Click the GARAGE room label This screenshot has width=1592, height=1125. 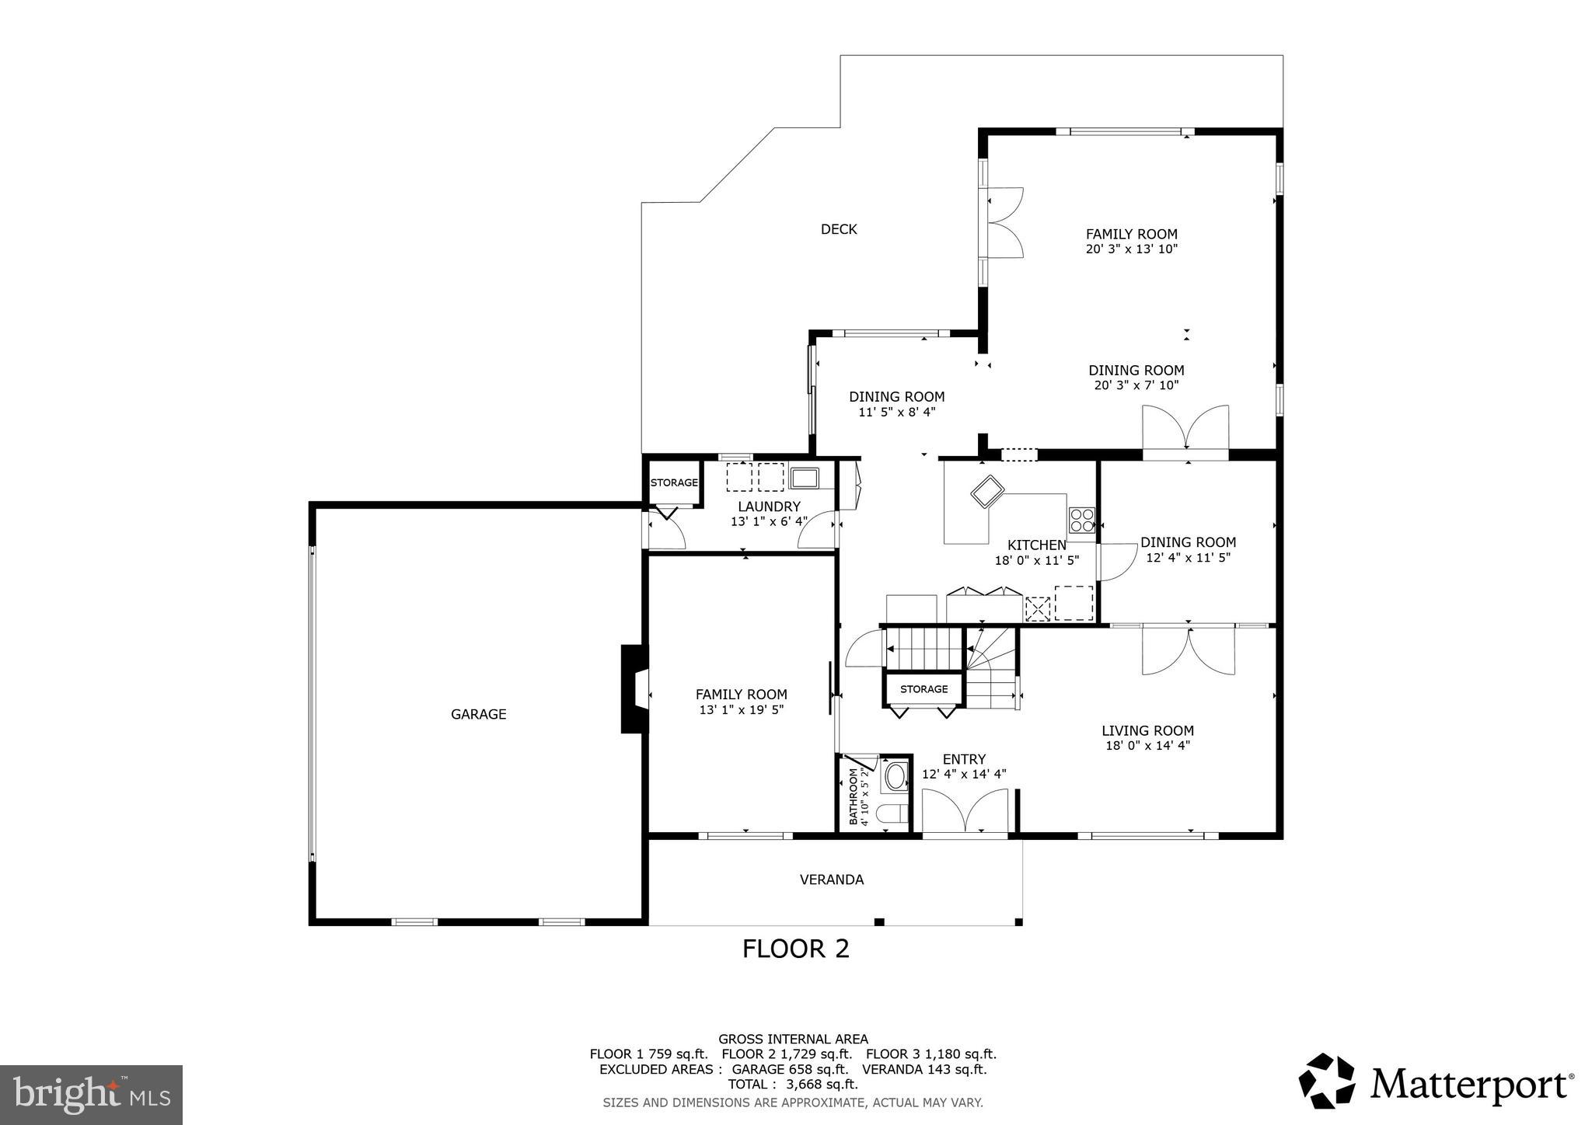[478, 714]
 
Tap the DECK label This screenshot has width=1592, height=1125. [839, 229]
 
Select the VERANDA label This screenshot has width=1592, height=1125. [831, 879]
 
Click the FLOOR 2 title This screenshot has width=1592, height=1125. [795, 949]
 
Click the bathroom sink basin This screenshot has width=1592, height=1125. [895, 776]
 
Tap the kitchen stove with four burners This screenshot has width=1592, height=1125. [1081, 519]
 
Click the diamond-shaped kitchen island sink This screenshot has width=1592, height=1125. [988, 491]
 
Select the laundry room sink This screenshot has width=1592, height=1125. [804, 476]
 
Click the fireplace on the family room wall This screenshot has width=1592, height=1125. [634, 688]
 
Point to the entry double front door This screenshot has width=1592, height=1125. [965, 812]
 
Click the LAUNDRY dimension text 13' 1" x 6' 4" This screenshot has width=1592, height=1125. [769, 521]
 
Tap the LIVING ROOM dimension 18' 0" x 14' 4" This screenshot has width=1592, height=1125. [1147, 746]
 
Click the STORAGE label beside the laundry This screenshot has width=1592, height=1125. [674, 482]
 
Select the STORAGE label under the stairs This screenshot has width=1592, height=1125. [923, 689]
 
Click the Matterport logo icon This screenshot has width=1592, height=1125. [1326, 1081]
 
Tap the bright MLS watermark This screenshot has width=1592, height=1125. [91, 1095]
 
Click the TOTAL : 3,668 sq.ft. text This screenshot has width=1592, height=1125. [792, 1085]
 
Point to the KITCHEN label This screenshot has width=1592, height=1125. [1036, 545]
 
